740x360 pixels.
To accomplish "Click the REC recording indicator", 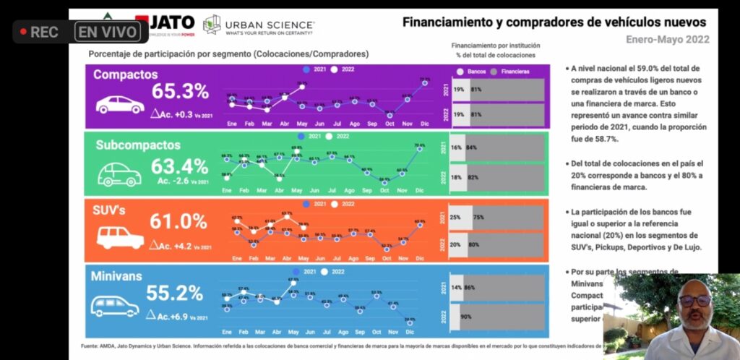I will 40,32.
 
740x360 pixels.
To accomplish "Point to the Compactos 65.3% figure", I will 180,92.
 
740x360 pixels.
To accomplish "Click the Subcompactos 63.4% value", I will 179,166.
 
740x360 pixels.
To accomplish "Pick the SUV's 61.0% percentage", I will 178,221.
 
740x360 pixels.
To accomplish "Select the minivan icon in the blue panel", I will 115,306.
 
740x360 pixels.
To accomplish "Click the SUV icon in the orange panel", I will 120,237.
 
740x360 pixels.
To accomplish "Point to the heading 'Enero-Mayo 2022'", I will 668,39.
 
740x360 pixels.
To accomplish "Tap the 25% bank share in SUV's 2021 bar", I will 456,217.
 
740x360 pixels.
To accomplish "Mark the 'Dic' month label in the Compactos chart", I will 424,124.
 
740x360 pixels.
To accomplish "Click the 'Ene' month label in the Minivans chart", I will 227,333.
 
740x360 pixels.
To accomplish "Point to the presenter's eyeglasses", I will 694,300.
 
